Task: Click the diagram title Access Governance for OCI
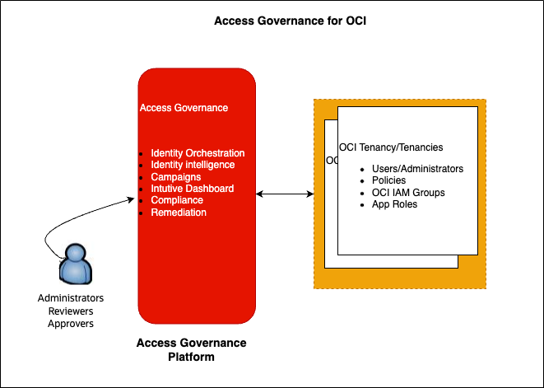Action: [290, 21]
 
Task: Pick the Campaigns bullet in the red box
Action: [175, 177]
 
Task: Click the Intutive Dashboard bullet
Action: [192, 189]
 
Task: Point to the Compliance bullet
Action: [177, 200]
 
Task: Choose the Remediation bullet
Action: [179, 213]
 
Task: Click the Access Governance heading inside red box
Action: [184, 108]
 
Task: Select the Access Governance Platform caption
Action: [190, 349]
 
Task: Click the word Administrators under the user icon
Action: [71, 297]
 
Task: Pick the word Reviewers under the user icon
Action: [71, 311]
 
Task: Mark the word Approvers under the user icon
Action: [71, 324]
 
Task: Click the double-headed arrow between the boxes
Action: [285, 194]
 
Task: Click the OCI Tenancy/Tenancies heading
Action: [391, 147]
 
